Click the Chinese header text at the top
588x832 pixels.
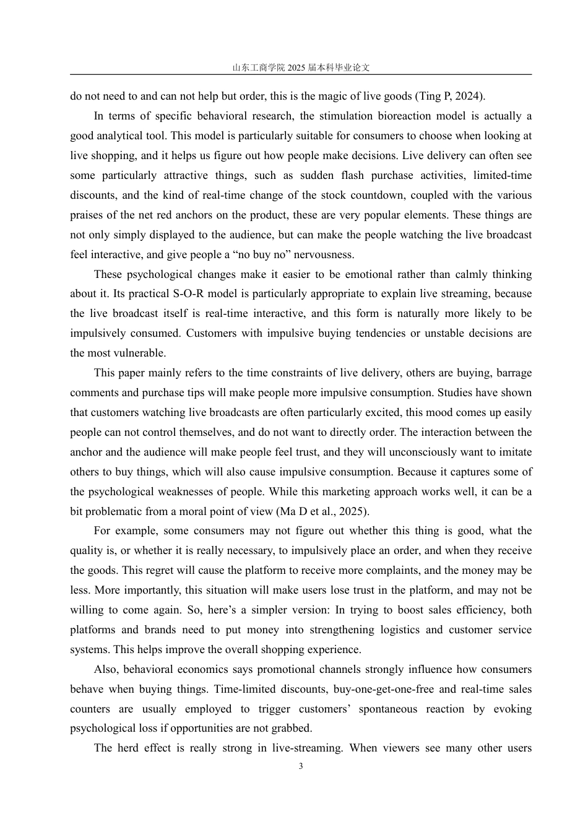[301, 67]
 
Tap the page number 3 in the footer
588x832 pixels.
[301, 766]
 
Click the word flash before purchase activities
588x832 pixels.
[352, 175]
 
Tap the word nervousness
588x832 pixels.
[324, 254]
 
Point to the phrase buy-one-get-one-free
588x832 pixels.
[386, 689]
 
